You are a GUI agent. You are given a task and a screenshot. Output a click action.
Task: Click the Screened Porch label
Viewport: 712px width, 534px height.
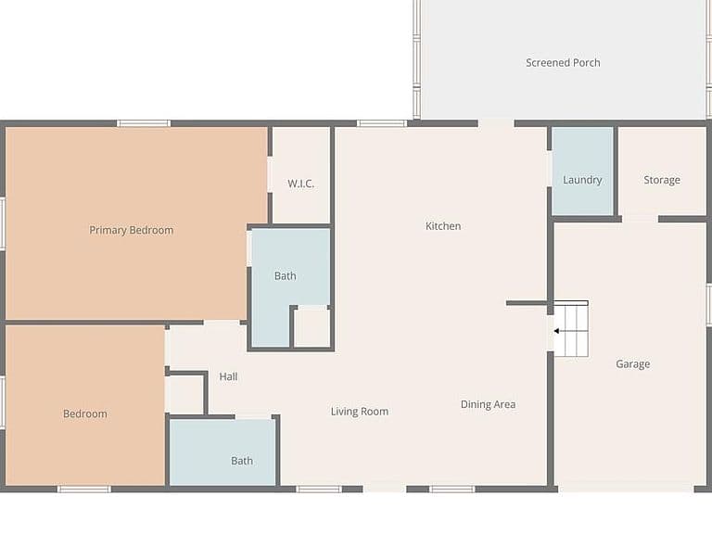click(x=563, y=63)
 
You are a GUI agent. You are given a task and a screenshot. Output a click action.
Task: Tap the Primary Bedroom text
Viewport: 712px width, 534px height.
click(x=132, y=230)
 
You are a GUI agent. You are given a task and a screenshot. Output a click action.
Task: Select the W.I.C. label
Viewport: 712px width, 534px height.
click(x=300, y=184)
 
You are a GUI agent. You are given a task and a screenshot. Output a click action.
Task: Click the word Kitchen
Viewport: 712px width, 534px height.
click(x=443, y=226)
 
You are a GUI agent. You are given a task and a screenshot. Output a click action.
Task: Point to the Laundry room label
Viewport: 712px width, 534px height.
click(x=582, y=180)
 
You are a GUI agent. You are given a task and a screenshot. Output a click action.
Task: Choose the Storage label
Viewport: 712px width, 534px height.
click(x=662, y=180)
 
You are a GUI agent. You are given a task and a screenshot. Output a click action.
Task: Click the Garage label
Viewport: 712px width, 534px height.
click(x=632, y=364)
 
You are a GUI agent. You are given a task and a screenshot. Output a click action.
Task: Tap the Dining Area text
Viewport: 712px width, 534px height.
click(x=488, y=404)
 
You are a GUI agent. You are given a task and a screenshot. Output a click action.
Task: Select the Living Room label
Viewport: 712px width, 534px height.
click(x=359, y=412)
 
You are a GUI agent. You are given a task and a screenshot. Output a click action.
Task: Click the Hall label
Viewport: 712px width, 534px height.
click(x=228, y=376)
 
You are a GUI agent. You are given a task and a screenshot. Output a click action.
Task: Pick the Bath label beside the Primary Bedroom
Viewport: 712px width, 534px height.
click(x=285, y=275)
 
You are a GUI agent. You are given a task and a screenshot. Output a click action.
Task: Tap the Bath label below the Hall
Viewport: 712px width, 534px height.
click(x=242, y=461)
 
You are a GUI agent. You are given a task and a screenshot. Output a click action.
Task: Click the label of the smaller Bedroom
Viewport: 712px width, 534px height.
click(x=85, y=413)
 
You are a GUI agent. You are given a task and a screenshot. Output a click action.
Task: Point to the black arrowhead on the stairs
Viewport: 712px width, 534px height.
click(x=556, y=331)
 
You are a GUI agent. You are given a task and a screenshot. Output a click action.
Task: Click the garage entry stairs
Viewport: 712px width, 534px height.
click(x=571, y=328)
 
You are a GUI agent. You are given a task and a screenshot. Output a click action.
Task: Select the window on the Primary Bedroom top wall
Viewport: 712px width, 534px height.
click(x=144, y=123)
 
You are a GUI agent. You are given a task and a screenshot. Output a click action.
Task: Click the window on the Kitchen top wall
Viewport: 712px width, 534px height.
click(x=382, y=123)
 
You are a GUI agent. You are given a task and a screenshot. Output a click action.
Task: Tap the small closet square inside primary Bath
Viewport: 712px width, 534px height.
click(x=311, y=328)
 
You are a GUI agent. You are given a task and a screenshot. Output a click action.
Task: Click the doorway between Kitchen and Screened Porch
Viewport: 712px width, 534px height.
click(x=496, y=123)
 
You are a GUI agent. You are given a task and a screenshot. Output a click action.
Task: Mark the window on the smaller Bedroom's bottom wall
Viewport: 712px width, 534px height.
click(x=84, y=489)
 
